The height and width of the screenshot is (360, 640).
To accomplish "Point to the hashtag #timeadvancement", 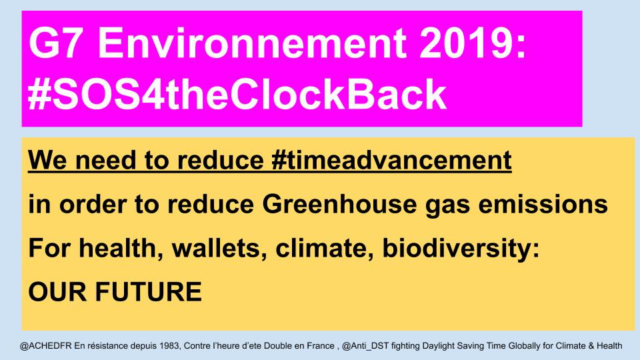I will pos(391,161).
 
